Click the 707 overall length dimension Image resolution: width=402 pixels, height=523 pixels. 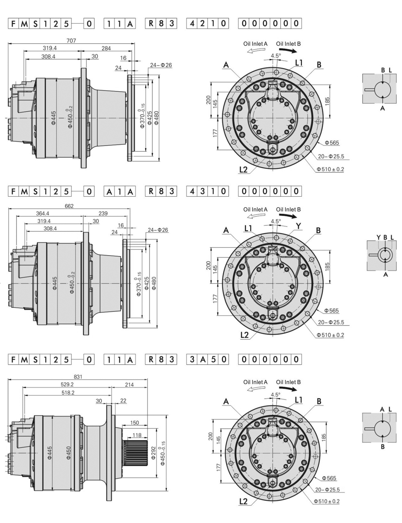(x=71, y=40)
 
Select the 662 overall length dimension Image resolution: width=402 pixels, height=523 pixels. (x=69, y=206)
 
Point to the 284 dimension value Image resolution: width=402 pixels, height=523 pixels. (x=106, y=48)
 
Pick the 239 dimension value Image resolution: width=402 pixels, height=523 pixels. (x=103, y=213)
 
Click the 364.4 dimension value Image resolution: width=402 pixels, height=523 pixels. (x=42, y=213)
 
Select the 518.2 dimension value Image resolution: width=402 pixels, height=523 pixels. (x=68, y=393)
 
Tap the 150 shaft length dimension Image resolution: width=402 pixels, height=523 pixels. (x=135, y=423)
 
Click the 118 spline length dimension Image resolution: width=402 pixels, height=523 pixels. (x=137, y=435)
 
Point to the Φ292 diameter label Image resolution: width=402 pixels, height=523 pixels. (x=153, y=453)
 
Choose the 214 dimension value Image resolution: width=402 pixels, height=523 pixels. (x=129, y=385)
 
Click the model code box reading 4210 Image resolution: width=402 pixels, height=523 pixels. (x=207, y=23)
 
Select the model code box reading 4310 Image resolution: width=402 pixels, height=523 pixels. (x=207, y=191)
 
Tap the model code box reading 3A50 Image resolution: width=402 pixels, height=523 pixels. (x=207, y=359)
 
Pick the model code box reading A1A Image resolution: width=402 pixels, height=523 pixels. (x=119, y=191)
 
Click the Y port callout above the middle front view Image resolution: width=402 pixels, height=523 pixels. (x=298, y=226)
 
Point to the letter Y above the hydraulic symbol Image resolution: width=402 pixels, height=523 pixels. (x=378, y=237)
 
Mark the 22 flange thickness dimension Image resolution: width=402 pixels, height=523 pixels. (x=123, y=401)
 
